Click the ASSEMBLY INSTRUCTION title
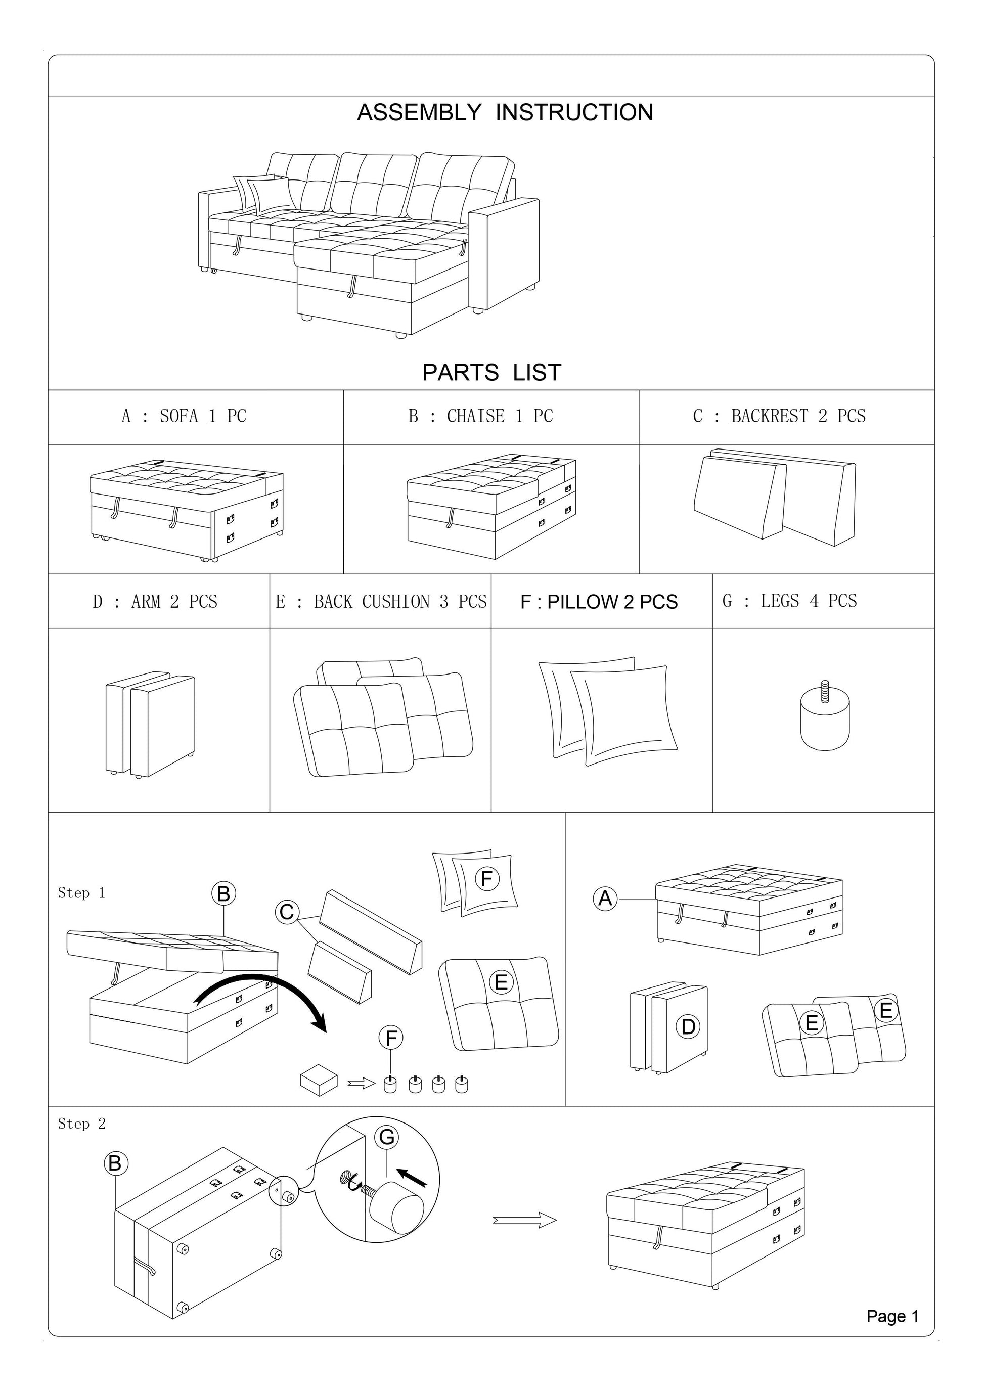pos(505,112)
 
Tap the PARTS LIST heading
pos(491,372)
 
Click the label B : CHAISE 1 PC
pos(480,416)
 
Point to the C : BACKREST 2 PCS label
pos(779,416)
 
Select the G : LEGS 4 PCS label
pos(789,601)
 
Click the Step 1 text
pos(81,893)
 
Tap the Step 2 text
pos(81,1124)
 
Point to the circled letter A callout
pos(605,898)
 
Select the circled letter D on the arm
pos(688,1026)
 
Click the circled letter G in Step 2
pos(387,1137)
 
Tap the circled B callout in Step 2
pos(115,1163)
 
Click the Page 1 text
pos(892,1316)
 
